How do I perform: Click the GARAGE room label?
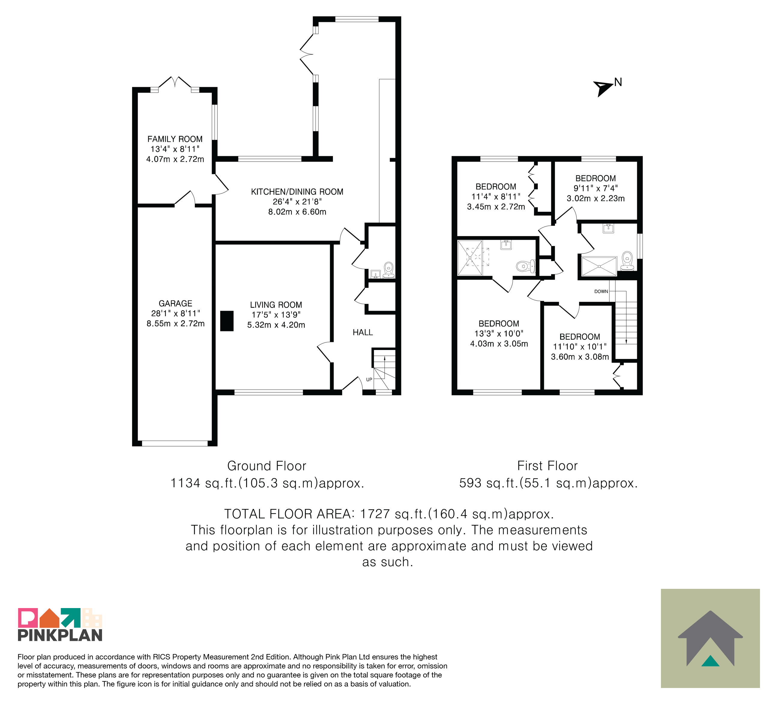[x=175, y=303]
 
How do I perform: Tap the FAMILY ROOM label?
[x=175, y=139]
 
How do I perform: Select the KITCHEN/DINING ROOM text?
[x=297, y=192]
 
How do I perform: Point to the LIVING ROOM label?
[x=276, y=305]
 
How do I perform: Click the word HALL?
[x=363, y=332]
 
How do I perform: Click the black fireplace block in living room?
[x=227, y=321]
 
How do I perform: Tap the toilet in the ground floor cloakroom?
[x=389, y=269]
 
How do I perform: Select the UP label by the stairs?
[x=369, y=380]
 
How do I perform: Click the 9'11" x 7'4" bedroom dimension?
[x=596, y=188]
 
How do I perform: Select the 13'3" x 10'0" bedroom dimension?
[x=499, y=333]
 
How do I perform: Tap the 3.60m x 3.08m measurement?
[x=580, y=357]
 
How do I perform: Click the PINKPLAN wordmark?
[x=60, y=635]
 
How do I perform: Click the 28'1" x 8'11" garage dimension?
[x=176, y=313]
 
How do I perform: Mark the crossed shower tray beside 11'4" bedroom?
[x=470, y=258]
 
